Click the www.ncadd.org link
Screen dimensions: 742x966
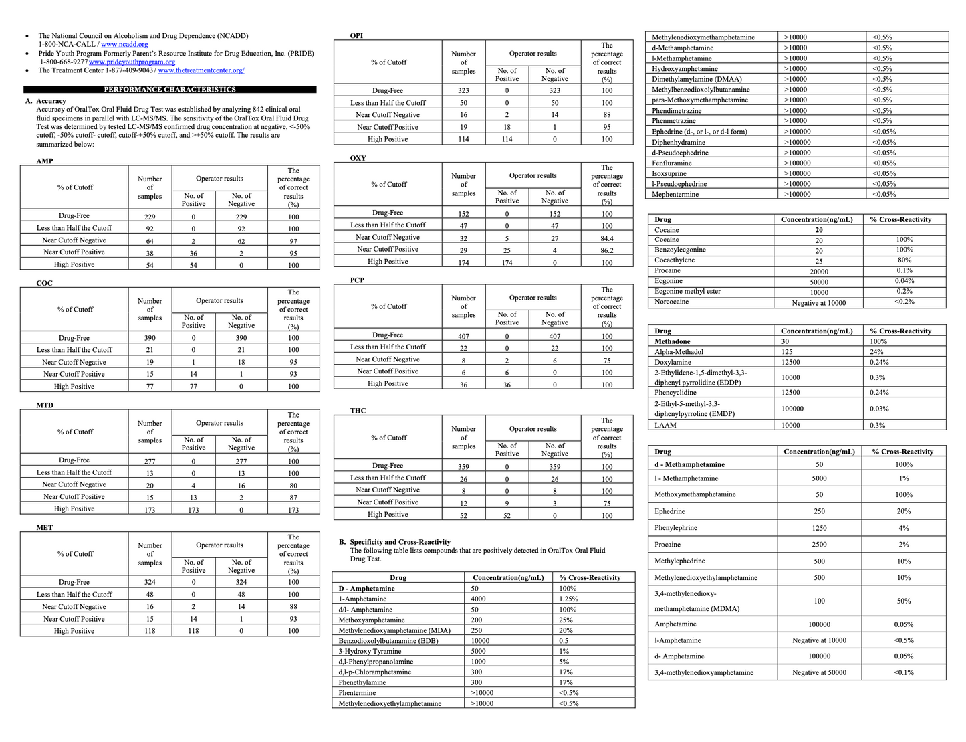click(124, 44)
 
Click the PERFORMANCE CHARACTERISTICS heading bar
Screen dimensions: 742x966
click(170, 89)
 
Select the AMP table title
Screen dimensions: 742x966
click(45, 161)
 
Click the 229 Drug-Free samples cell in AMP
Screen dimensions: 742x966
click(150, 217)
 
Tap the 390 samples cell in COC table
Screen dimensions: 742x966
click(150, 339)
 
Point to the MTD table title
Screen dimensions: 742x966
click(45, 405)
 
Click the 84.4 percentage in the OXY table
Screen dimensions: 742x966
click(606, 238)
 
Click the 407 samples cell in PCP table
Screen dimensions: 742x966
click(463, 336)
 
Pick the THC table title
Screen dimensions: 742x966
click(358, 411)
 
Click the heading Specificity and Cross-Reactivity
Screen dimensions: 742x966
click(400, 542)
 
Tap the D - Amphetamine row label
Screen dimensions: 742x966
click(366, 589)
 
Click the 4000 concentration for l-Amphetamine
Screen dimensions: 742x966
click(479, 599)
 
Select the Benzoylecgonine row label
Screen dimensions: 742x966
click(680, 250)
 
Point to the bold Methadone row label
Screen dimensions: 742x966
click(673, 341)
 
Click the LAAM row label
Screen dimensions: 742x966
click(665, 425)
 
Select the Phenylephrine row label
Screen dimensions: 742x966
click(676, 528)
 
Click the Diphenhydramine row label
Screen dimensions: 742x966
click(679, 142)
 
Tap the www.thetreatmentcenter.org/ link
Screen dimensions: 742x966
click(201, 70)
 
